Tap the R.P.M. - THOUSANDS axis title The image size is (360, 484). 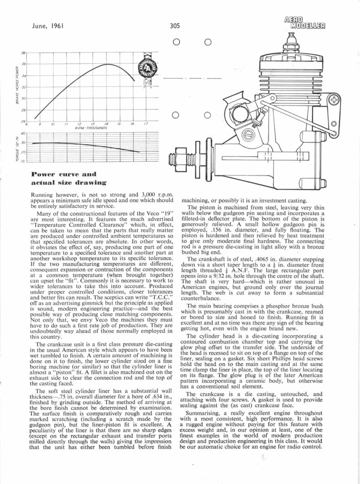coord(90,127)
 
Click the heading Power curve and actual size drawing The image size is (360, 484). coord(65,179)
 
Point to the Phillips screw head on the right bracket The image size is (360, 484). coord(335,99)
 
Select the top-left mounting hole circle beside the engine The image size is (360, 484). coord(176,42)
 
